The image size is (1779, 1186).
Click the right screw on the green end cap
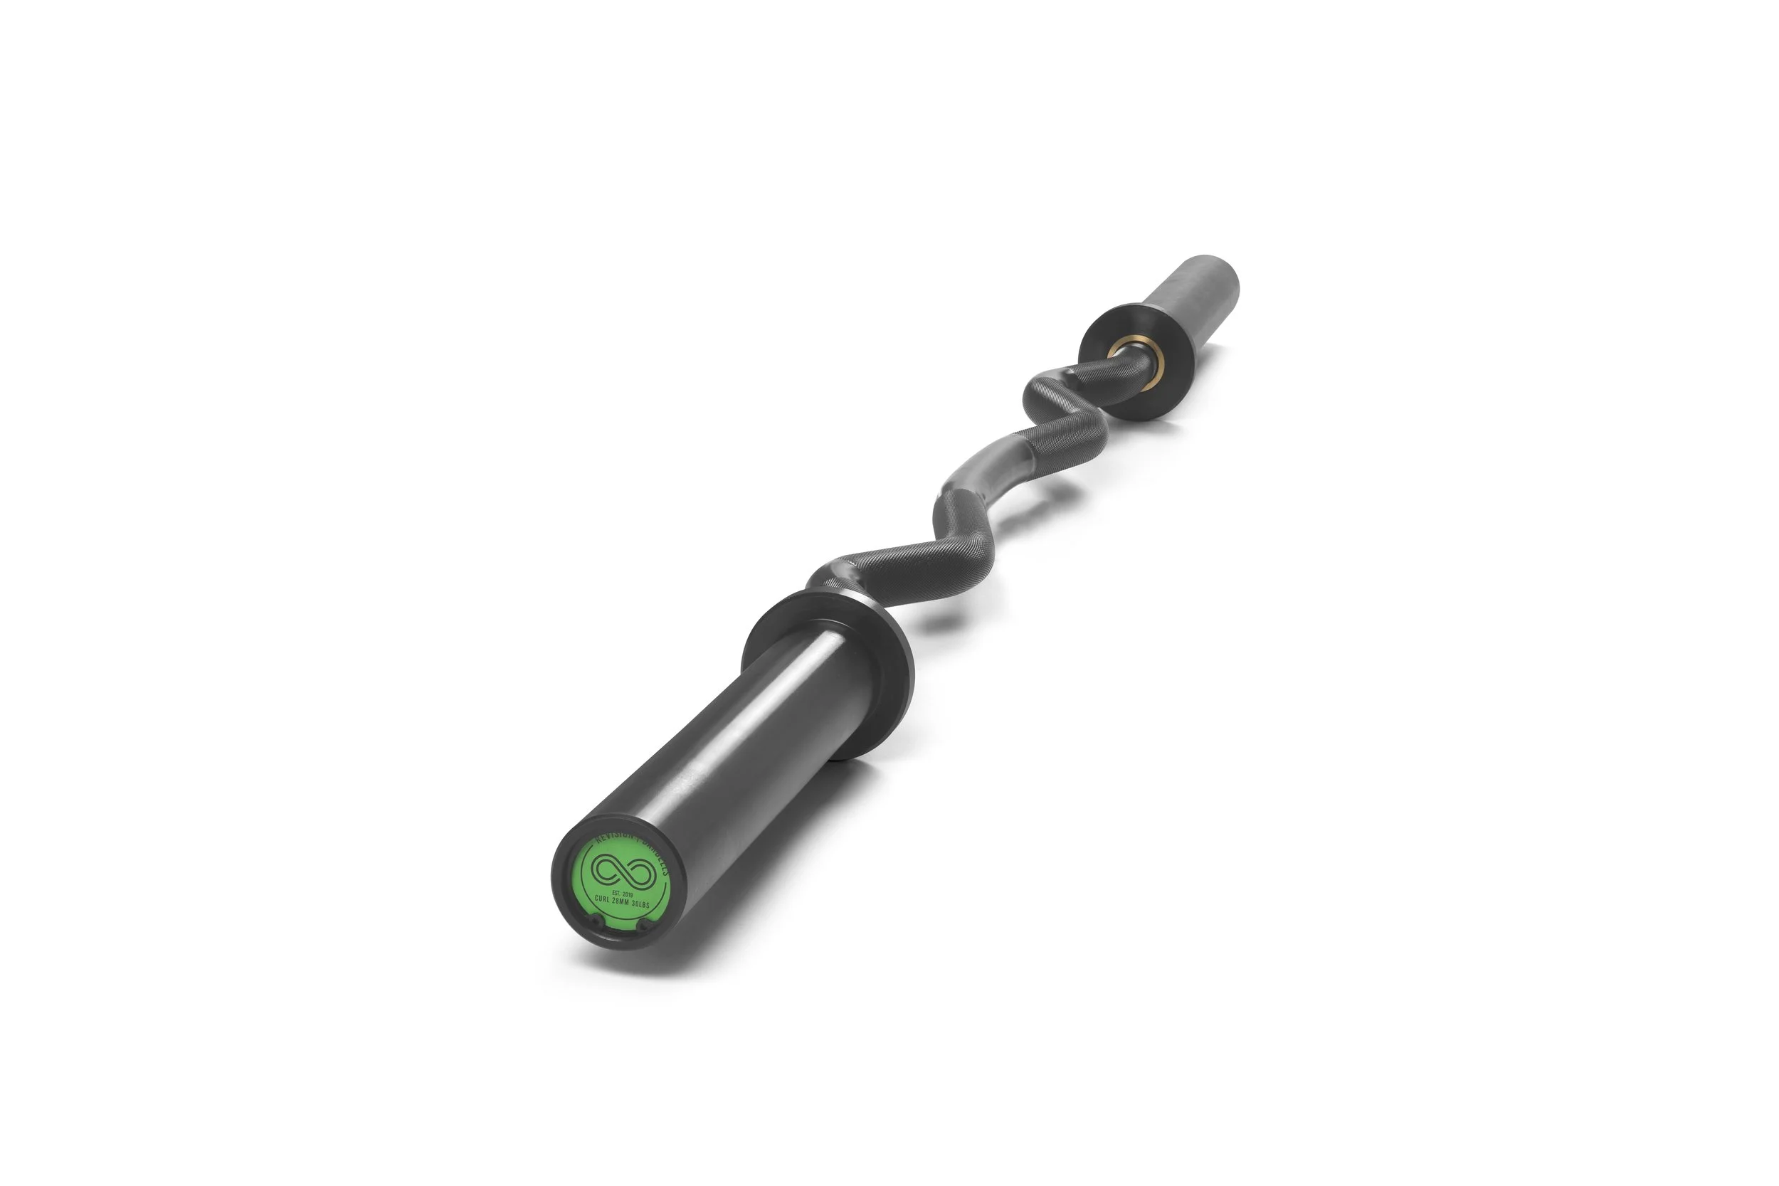pyautogui.click(x=644, y=923)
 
